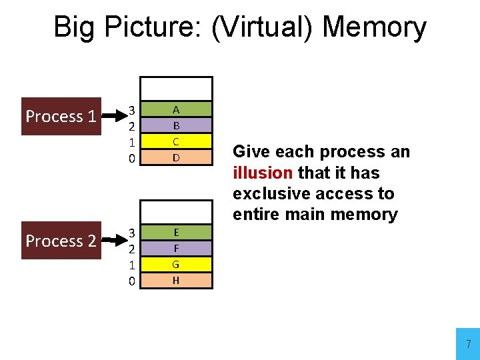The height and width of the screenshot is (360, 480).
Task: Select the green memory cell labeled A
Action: (176, 109)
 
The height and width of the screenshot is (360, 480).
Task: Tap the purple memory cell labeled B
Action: (176, 125)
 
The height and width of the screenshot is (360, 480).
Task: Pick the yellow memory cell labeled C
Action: (176, 141)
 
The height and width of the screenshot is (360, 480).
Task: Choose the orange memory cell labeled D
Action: (176, 158)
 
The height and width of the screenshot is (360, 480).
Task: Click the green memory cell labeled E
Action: (176, 232)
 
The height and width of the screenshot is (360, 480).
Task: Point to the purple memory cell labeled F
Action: (176, 248)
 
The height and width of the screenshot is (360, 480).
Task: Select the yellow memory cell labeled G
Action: (176, 264)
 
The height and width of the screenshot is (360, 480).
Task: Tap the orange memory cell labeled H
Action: (176, 281)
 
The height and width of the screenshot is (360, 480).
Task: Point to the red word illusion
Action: (263, 173)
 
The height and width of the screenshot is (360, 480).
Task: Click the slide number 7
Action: (468, 345)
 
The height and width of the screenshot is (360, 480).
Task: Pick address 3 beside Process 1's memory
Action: (132, 109)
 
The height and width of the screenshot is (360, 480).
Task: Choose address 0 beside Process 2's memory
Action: (132, 281)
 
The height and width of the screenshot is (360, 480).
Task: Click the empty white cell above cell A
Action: (176, 89)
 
